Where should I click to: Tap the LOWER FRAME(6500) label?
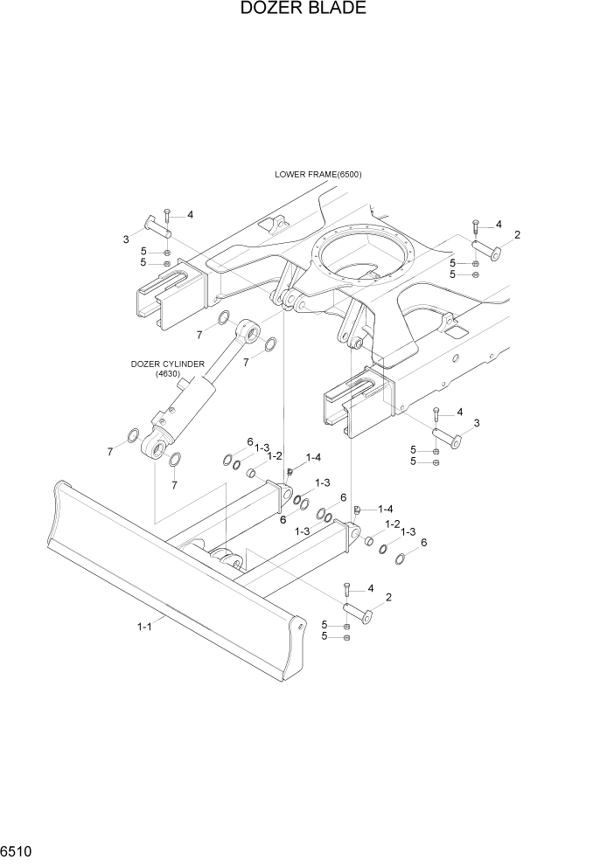pyautogui.click(x=317, y=174)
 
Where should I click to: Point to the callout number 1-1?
pyautogui.click(x=145, y=626)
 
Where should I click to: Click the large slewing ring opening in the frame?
pyautogui.click(x=363, y=258)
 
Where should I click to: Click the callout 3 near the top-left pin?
pyautogui.click(x=126, y=239)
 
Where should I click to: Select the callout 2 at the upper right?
pyautogui.click(x=517, y=235)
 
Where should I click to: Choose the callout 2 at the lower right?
pyautogui.click(x=387, y=597)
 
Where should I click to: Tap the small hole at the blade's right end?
pyautogui.click(x=301, y=626)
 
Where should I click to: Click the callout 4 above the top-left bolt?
pyautogui.click(x=190, y=215)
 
